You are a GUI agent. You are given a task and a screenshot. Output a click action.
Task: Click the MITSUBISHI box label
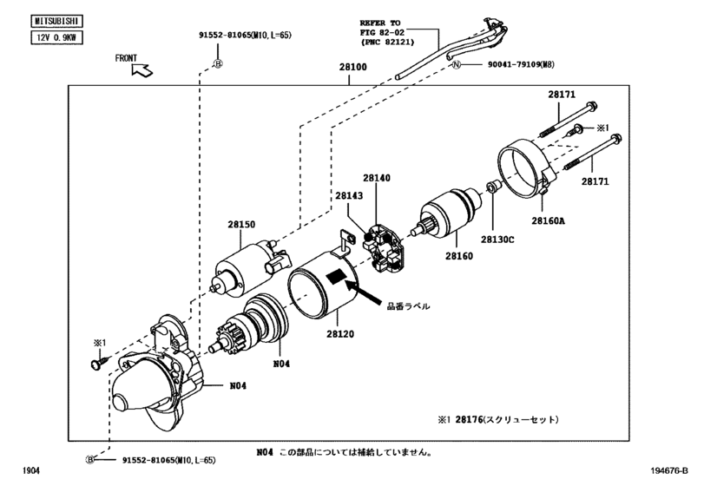click(57, 21)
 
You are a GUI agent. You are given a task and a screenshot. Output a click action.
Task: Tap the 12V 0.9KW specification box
click(57, 37)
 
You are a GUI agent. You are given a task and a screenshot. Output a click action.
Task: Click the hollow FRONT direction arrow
click(141, 70)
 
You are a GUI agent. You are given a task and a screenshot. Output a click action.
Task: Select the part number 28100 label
click(353, 67)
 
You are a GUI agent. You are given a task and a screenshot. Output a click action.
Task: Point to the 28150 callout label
click(241, 225)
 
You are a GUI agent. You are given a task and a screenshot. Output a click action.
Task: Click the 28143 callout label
click(349, 195)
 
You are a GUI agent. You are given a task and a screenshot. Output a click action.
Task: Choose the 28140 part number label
click(377, 178)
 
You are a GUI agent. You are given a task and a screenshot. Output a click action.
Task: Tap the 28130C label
click(497, 240)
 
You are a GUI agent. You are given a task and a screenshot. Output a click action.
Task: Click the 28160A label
click(549, 220)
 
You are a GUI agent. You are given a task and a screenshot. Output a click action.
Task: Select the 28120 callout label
click(340, 334)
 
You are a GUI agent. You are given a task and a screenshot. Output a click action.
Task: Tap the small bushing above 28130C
click(492, 186)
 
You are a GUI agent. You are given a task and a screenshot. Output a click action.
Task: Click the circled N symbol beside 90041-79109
click(456, 64)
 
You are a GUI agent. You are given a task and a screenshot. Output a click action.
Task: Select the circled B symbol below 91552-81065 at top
click(218, 64)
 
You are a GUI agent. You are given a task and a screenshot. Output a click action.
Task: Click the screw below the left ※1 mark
click(99, 362)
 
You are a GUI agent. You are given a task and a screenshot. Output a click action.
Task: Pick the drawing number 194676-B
click(669, 470)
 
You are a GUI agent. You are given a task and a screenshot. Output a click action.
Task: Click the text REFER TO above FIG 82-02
click(380, 23)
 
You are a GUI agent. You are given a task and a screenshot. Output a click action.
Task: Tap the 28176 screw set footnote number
click(469, 419)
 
